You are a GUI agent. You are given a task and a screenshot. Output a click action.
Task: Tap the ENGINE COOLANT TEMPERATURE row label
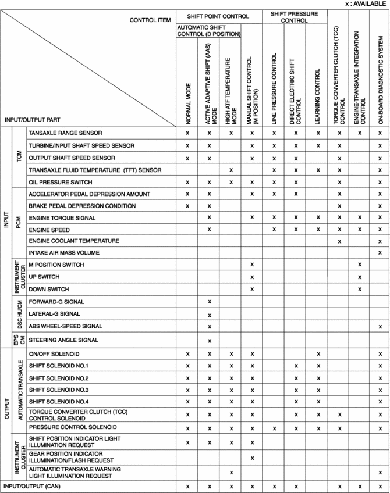[74, 241]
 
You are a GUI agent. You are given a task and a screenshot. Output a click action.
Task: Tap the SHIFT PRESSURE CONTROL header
[295, 16]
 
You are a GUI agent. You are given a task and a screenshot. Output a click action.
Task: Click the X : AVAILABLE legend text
[367, 4]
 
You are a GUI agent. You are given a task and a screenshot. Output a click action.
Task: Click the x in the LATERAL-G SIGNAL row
[209, 315]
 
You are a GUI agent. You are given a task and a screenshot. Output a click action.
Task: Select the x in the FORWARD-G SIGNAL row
[209, 302]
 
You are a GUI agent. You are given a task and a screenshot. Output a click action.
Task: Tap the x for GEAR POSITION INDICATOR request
[252, 458]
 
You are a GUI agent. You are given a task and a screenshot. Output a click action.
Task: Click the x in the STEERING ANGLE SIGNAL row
[209, 340]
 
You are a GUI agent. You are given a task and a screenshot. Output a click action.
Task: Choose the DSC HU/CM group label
[20, 314]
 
